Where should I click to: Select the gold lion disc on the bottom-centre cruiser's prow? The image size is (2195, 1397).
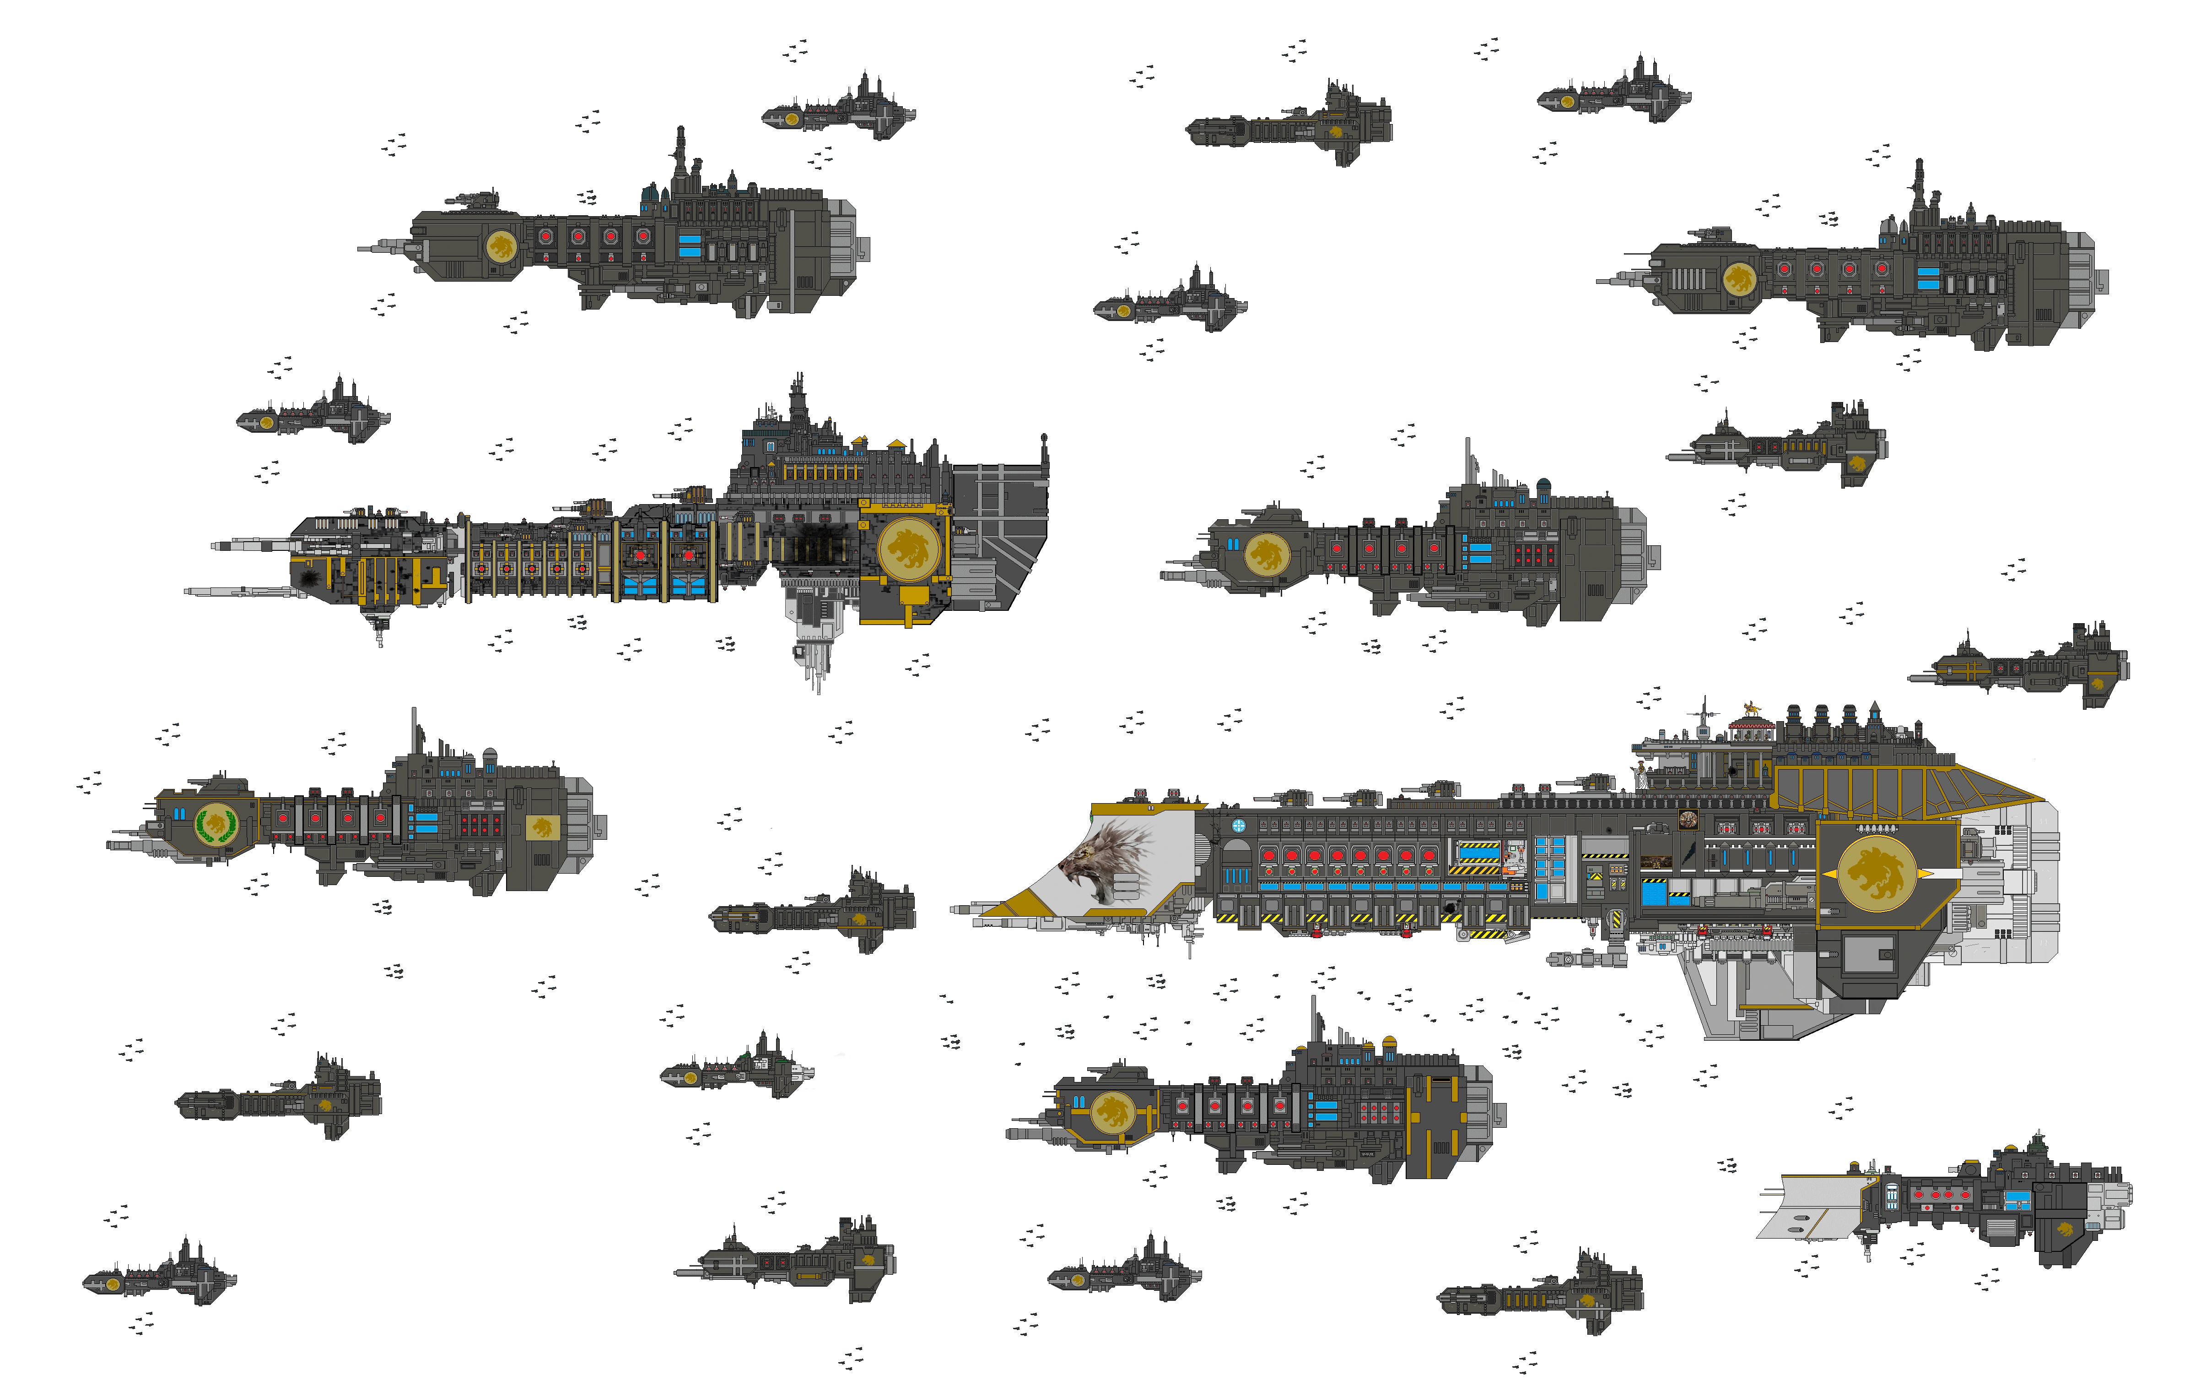pyautogui.click(x=1112, y=1112)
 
